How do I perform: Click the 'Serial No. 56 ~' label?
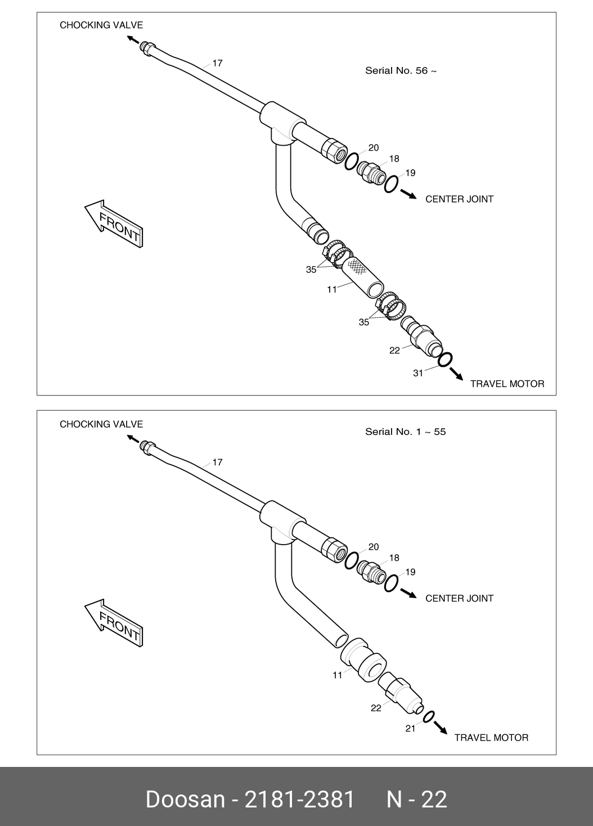click(401, 70)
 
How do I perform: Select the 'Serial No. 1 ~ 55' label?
click(405, 432)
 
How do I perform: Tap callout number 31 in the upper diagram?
click(418, 373)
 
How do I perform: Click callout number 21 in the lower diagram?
click(411, 728)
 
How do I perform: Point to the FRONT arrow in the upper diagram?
click(114, 223)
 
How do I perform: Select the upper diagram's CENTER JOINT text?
click(459, 199)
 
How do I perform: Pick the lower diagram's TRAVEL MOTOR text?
click(491, 738)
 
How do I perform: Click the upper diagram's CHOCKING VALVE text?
click(101, 25)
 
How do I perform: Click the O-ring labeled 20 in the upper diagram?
click(352, 161)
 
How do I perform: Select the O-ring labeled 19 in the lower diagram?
click(391, 583)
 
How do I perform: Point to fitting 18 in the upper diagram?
click(371, 173)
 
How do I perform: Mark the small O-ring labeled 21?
click(429, 717)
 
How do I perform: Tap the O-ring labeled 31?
click(445, 360)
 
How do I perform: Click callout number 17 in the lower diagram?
click(218, 462)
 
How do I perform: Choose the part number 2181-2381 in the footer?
click(299, 799)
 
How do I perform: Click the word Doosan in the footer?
click(185, 799)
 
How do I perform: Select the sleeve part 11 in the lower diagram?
click(363, 661)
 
